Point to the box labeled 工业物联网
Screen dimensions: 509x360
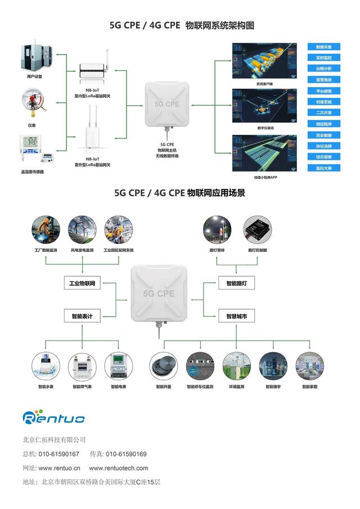[x=82, y=284]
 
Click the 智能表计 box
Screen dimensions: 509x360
[x=82, y=317]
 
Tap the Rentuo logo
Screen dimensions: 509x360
[x=53, y=417]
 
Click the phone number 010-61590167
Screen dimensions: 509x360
[x=58, y=454]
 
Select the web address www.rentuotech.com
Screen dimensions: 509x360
[x=119, y=468]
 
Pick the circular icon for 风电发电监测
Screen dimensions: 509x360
[x=82, y=229]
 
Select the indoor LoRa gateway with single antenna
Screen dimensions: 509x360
[x=93, y=67]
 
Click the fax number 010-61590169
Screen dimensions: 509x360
[x=126, y=454]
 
